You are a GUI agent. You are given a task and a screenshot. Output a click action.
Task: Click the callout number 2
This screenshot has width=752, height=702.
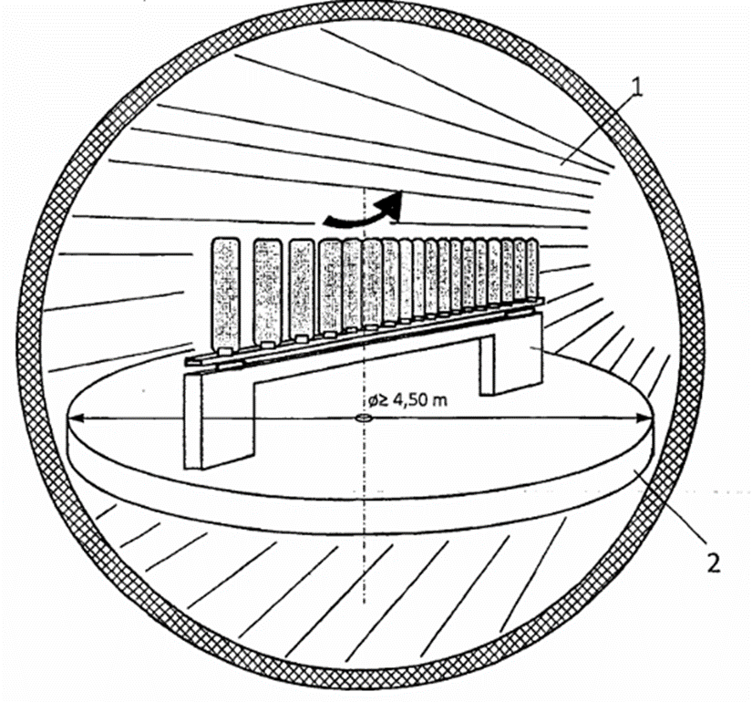click(x=713, y=559)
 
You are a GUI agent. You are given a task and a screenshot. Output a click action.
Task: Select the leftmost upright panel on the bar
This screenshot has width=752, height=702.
click(x=224, y=294)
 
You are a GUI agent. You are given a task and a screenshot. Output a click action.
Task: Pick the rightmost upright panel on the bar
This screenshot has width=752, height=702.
click(x=531, y=269)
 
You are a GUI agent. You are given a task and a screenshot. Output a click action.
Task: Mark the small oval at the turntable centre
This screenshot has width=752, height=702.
click(x=362, y=419)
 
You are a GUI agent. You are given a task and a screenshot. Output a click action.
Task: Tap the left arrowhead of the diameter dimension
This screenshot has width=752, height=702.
click(x=77, y=419)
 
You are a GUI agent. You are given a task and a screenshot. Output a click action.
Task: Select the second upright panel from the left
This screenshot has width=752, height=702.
click(x=266, y=291)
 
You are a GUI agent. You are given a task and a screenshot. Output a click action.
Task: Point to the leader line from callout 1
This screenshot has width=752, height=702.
click(x=602, y=128)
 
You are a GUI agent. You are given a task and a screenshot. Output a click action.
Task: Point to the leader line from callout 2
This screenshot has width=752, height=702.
click(x=675, y=511)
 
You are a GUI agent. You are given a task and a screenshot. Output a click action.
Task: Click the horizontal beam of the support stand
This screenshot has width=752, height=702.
click(x=365, y=351)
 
